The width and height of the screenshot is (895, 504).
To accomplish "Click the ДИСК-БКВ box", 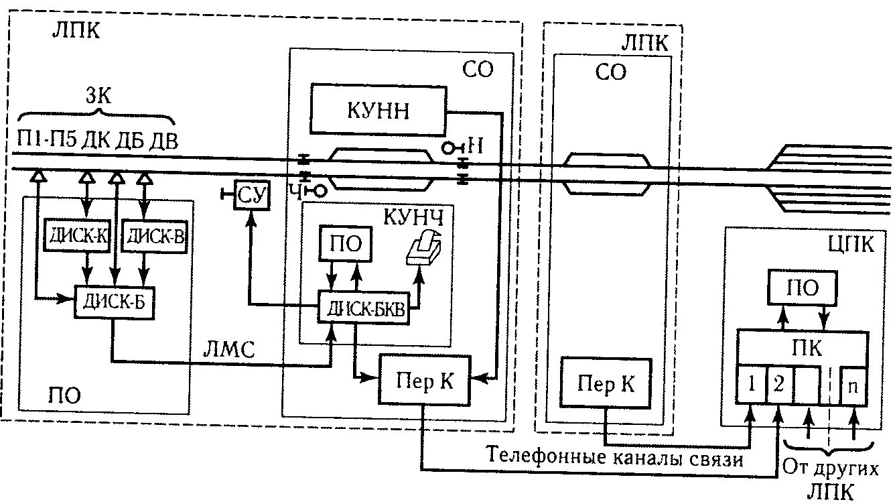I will click(365, 308).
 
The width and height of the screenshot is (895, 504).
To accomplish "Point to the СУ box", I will click(251, 194).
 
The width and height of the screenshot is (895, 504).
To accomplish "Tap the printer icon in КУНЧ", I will click(425, 249).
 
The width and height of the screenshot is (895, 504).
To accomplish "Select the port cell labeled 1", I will click(751, 386).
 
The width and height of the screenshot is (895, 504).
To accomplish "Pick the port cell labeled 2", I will click(779, 386).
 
